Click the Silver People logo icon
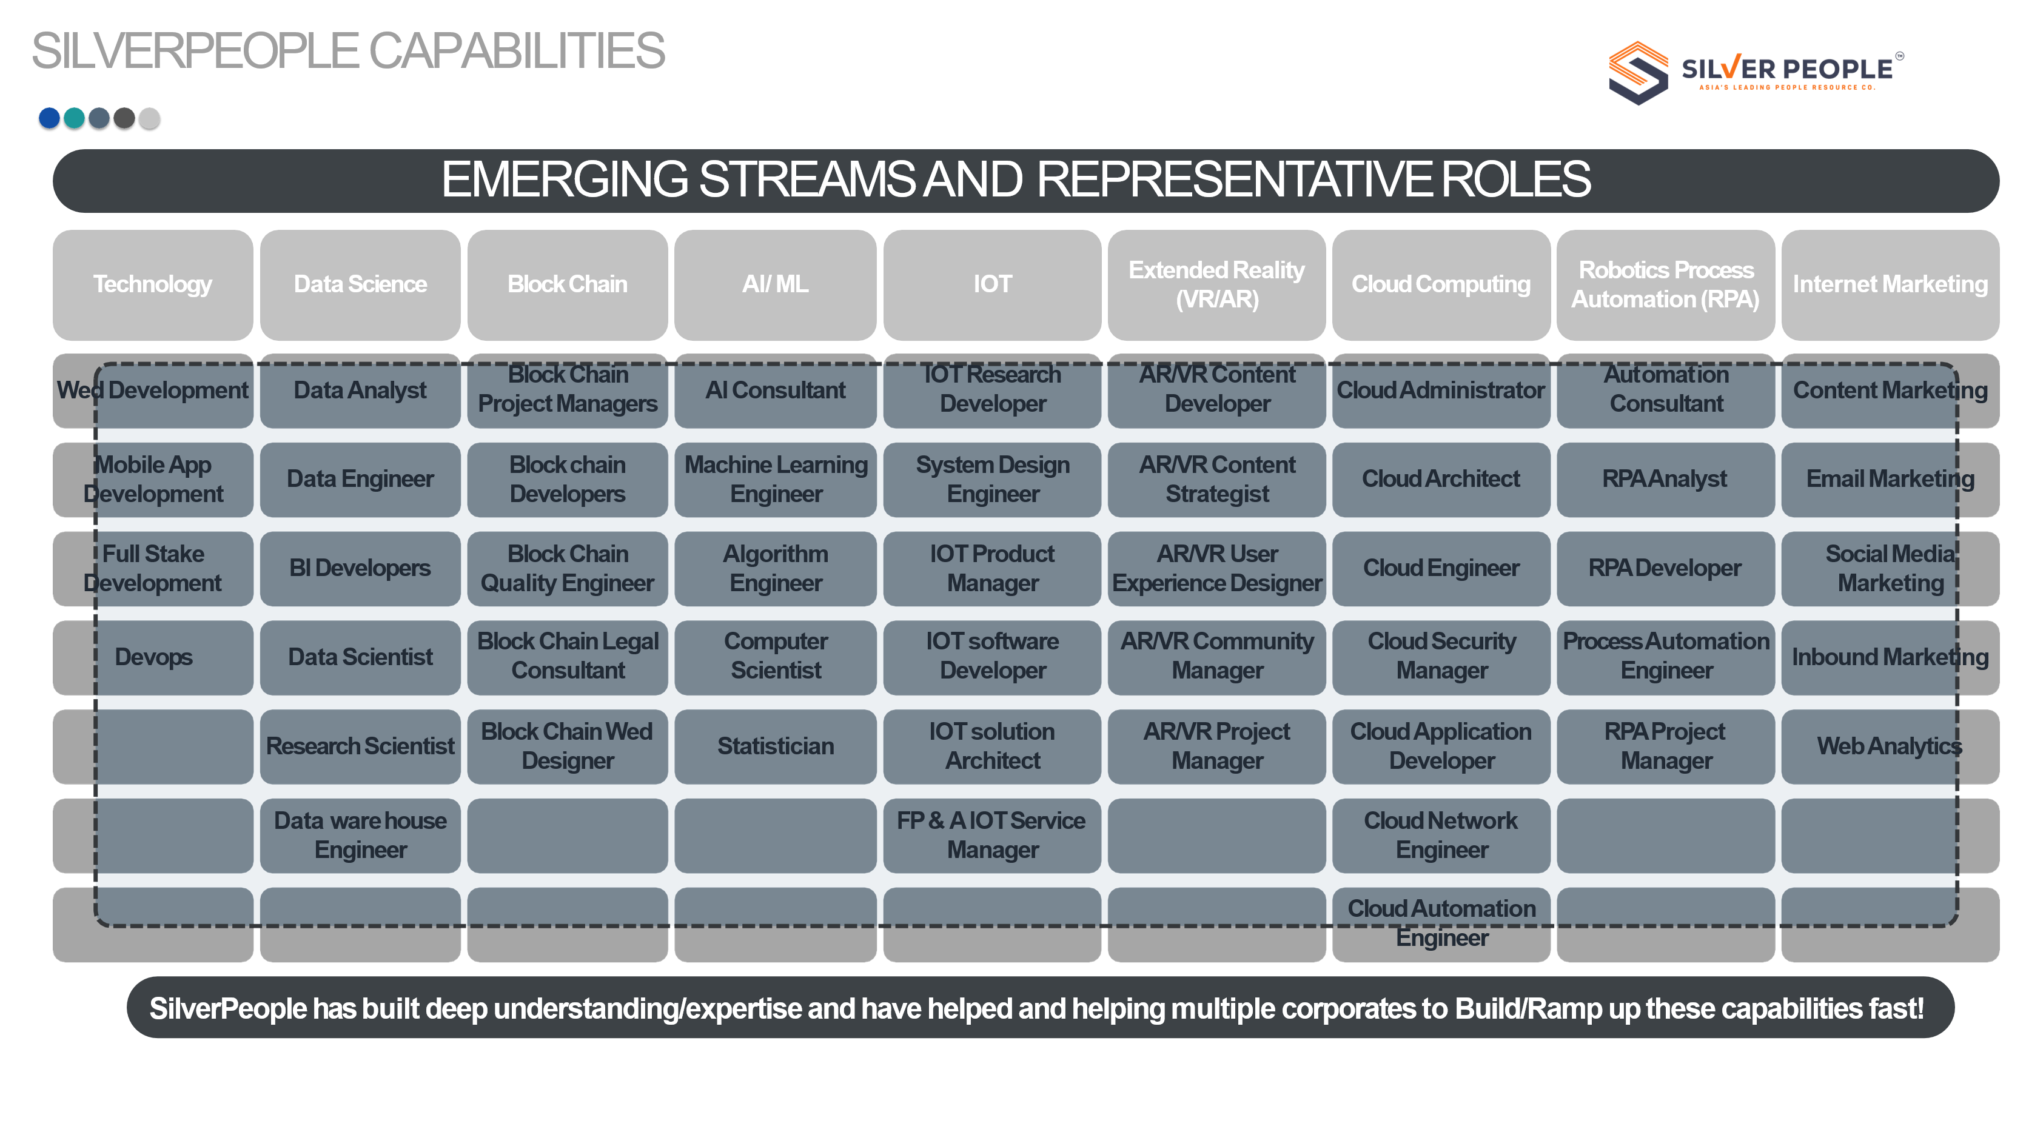tap(1637, 72)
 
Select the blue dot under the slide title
tap(49, 118)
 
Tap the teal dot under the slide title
tap(74, 118)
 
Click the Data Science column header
tap(360, 284)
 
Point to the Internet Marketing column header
tap(1890, 284)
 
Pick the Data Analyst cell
tap(360, 391)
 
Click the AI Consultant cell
tap(776, 391)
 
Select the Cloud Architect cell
tap(1441, 480)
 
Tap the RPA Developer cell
tap(1665, 569)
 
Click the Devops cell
tap(153, 657)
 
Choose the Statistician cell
tap(776, 746)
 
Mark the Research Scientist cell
tap(360, 746)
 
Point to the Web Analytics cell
tap(1890, 746)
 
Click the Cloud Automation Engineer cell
tap(1441, 924)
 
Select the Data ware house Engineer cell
tap(360, 836)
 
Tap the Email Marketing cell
tap(1890, 480)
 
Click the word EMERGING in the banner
tap(564, 180)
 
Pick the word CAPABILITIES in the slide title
tap(516, 51)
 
